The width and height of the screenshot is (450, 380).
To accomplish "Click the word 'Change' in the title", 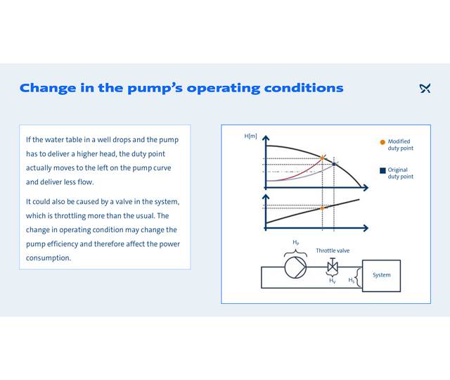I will (x=47, y=89).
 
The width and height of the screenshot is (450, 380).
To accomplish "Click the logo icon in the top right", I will (x=425, y=88).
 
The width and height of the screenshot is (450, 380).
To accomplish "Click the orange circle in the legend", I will (x=382, y=141).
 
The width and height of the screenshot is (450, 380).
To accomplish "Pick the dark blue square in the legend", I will (x=382, y=170).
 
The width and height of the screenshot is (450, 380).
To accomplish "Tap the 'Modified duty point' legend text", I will (x=400, y=145).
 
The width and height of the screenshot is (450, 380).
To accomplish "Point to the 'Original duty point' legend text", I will (x=400, y=173).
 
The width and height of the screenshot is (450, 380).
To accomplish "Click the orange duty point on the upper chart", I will (x=322, y=158).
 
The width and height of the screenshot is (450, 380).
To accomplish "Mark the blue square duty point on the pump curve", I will (x=335, y=164).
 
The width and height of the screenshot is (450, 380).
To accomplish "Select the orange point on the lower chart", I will (x=322, y=208).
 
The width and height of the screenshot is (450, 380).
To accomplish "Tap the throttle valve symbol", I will (x=333, y=267).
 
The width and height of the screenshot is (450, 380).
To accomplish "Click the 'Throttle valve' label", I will (x=333, y=251).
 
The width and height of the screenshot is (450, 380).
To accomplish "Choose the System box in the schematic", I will (x=381, y=275).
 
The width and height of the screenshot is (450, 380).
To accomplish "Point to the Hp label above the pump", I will (x=295, y=242).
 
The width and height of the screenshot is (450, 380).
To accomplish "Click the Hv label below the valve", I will (x=333, y=280).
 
